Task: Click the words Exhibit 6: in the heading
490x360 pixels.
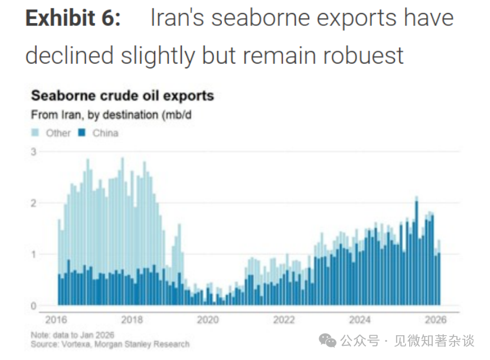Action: pos(73,19)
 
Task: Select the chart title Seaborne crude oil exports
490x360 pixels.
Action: pos(122,96)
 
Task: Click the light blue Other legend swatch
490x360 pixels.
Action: pos(35,133)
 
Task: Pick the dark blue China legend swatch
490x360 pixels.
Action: pos(83,133)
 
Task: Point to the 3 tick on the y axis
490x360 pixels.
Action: pos(34,152)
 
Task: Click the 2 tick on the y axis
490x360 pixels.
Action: pos(34,203)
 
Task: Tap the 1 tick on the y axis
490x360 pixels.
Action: pos(34,254)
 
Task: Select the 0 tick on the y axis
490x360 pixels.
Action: pos(34,306)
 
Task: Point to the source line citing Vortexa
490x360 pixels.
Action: pos(110,344)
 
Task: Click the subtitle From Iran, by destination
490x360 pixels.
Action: pos(111,115)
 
